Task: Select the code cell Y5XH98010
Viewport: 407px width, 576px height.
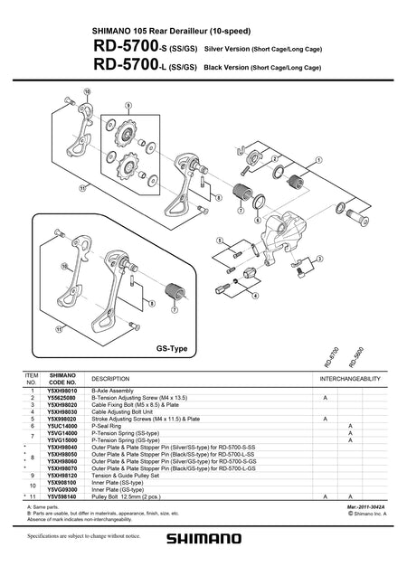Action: pos(62,390)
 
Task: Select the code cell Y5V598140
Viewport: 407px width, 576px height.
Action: pos(62,496)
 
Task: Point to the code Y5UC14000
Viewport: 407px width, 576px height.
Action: pos(62,424)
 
